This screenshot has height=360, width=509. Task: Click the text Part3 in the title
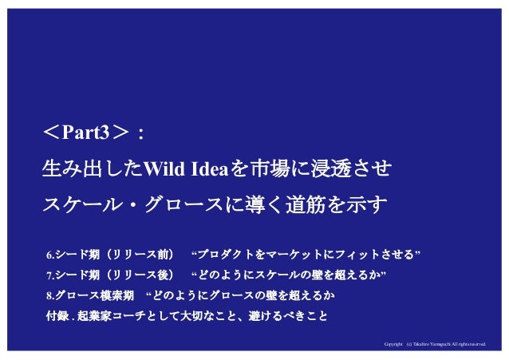click(x=93, y=131)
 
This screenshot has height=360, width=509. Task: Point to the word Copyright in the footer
click(x=393, y=345)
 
